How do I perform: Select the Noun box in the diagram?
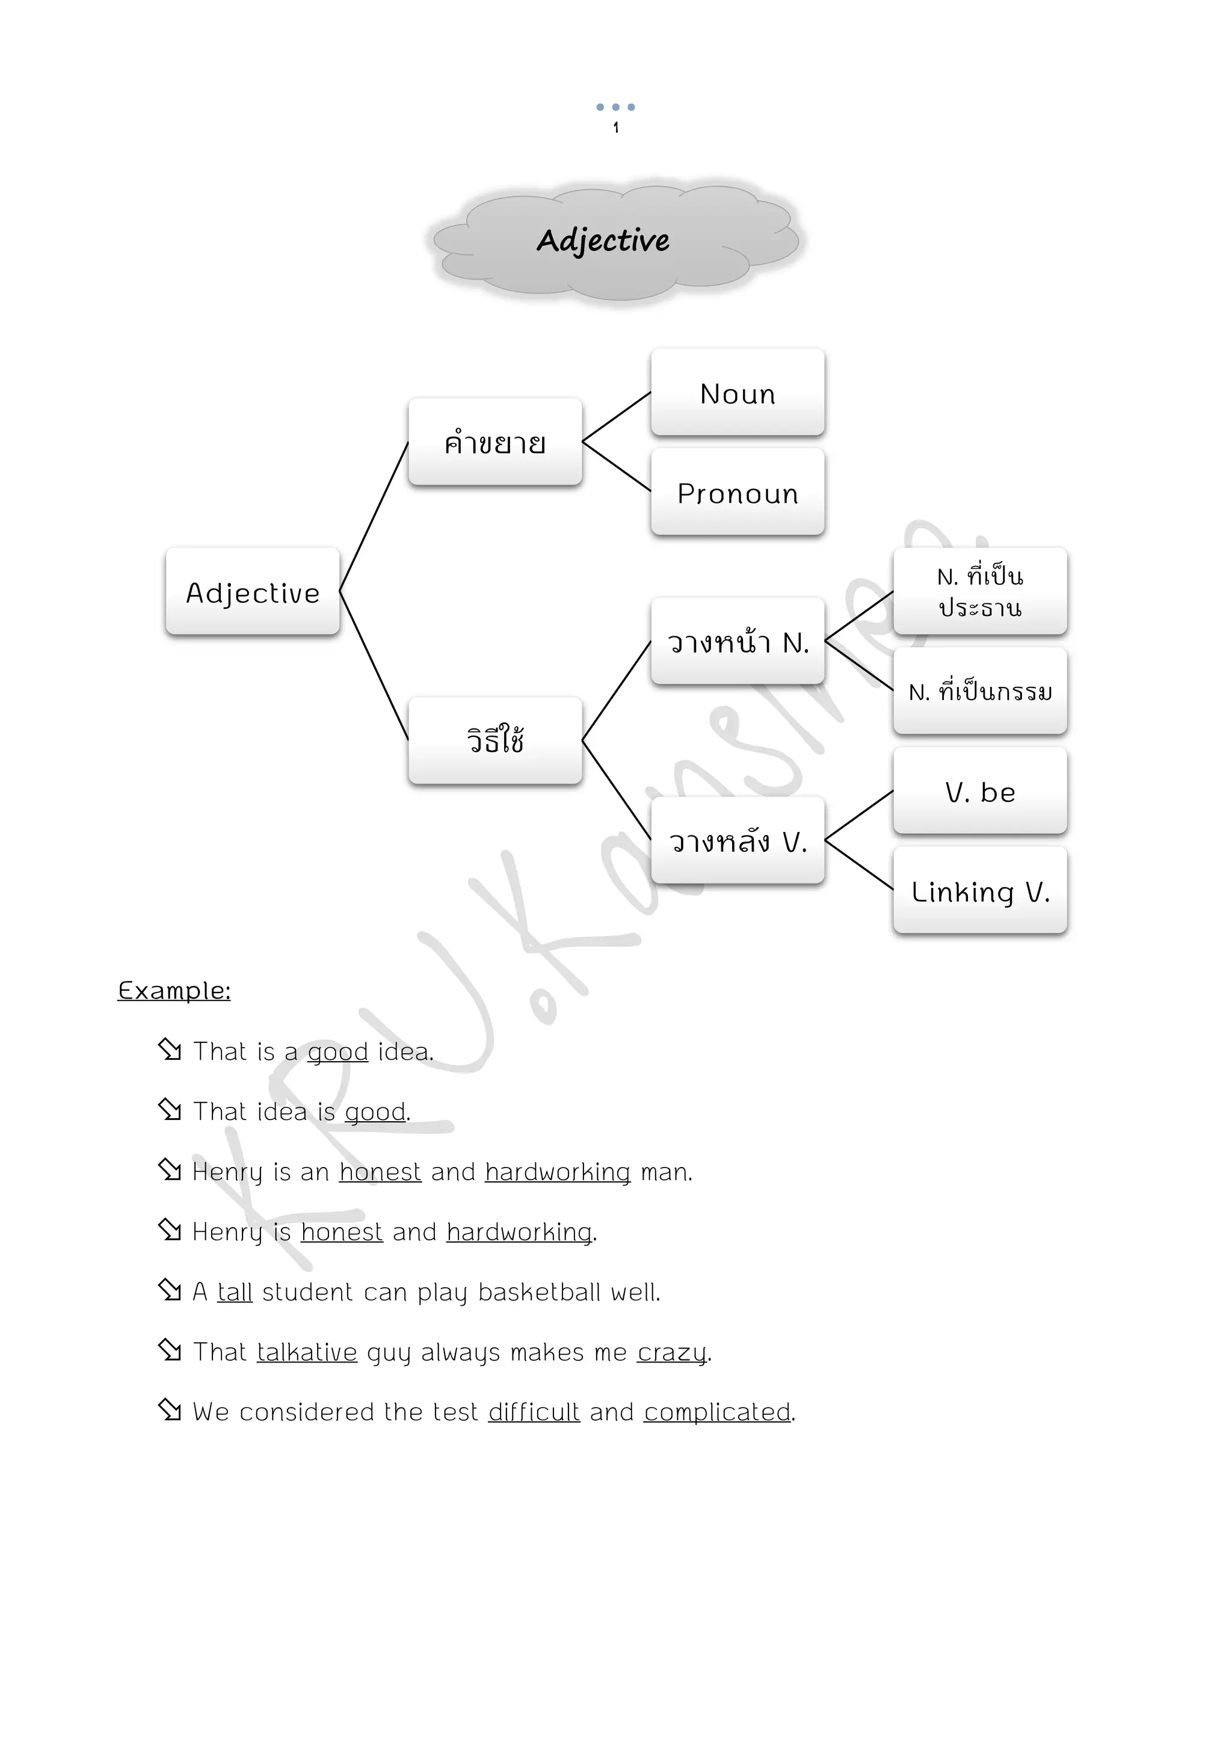click(738, 392)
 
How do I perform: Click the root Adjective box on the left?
click(253, 592)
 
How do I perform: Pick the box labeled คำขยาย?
click(494, 442)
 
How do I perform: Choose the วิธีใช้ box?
click(494, 740)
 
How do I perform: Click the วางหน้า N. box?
click(738, 641)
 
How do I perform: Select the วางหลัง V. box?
click(738, 841)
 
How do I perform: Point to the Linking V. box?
click(979, 891)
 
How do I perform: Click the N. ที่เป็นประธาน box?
click(979, 592)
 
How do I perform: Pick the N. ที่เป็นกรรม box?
click(979, 691)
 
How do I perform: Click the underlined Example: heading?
click(174, 990)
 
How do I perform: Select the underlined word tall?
click(235, 1291)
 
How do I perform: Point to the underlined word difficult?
click(534, 1411)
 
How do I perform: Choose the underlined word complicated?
click(717, 1411)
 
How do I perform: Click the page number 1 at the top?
click(615, 128)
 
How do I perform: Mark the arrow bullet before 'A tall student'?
click(170, 1290)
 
